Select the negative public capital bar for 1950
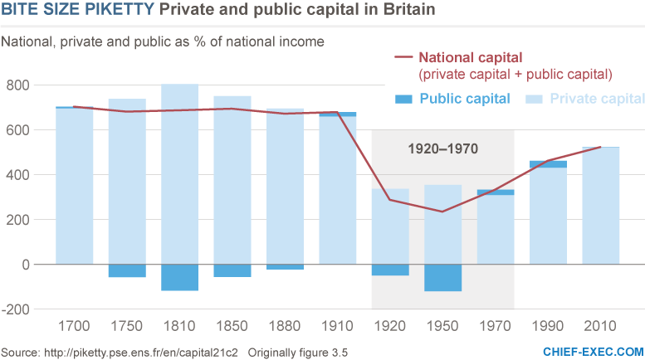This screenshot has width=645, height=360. pos(442,278)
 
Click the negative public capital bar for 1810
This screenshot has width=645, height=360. pos(179,278)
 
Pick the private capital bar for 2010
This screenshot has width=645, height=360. pos(602,206)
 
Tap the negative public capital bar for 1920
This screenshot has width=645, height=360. pos(389,270)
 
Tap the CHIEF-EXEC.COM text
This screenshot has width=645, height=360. pos(593,352)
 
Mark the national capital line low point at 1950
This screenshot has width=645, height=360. pos(442,212)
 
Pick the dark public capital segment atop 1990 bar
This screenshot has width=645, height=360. pos(549,164)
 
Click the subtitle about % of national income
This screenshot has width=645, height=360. pos(162,41)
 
